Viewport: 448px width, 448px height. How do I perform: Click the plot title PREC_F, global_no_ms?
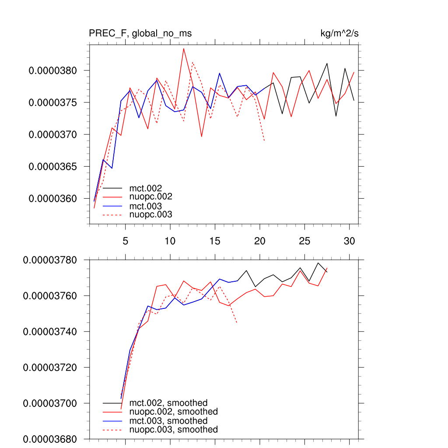click(x=140, y=33)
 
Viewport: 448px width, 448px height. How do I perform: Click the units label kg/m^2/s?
click(x=340, y=33)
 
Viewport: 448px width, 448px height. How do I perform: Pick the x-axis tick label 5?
click(x=125, y=241)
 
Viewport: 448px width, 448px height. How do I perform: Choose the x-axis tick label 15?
click(x=215, y=241)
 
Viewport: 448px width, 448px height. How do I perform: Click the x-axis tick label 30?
click(x=349, y=241)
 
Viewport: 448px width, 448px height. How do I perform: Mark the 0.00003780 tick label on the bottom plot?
click(x=50, y=260)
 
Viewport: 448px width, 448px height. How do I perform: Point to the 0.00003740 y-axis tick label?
click(x=50, y=332)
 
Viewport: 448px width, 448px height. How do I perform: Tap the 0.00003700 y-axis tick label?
click(x=50, y=403)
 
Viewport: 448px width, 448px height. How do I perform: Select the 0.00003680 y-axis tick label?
click(x=50, y=439)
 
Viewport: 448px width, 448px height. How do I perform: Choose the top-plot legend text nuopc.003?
click(x=150, y=214)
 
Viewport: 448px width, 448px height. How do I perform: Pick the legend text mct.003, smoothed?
click(x=168, y=420)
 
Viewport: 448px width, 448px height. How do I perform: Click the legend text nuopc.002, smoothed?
click(x=173, y=412)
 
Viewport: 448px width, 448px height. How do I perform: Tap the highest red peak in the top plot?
click(x=184, y=49)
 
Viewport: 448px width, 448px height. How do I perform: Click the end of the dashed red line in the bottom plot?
click(x=237, y=323)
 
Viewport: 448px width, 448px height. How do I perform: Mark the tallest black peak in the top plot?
click(x=327, y=63)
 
